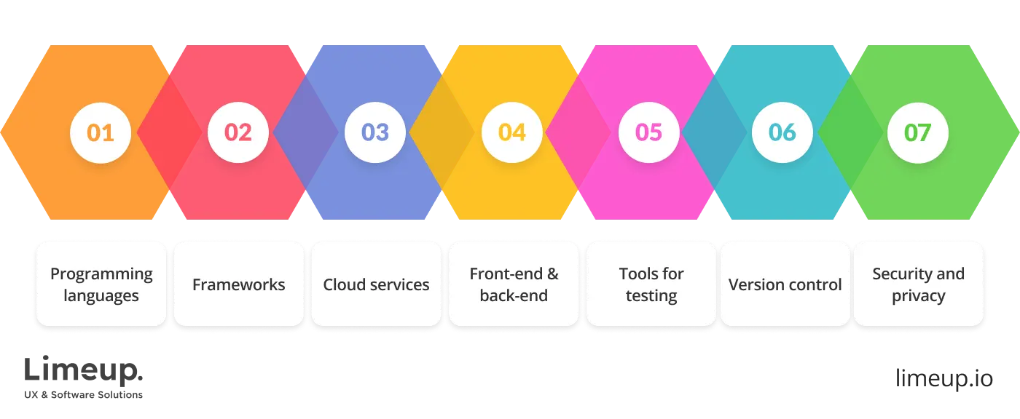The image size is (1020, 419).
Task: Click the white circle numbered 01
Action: tap(101, 132)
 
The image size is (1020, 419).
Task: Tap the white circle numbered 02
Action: tap(238, 132)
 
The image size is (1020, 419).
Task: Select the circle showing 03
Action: tap(375, 132)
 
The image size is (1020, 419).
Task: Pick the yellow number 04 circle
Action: tap(512, 132)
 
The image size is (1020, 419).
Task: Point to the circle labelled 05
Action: tap(648, 132)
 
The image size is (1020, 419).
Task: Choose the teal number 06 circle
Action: tap(782, 132)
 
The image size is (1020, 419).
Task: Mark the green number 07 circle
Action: tap(918, 132)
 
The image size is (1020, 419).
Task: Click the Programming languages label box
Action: tap(101, 284)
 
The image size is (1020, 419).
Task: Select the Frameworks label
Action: tap(238, 284)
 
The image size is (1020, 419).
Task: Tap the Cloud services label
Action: tap(376, 284)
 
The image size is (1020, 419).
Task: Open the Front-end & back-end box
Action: tap(514, 284)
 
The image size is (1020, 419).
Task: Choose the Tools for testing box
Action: tap(651, 284)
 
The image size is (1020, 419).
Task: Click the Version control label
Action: tap(785, 284)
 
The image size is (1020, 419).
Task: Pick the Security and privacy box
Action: tap(918, 284)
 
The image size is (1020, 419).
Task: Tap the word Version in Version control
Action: tap(755, 284)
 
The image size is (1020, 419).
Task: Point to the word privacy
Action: tap(918, 296)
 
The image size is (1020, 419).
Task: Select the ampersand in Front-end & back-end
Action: tap(552, 274)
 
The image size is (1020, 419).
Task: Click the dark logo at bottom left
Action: tap(84, 377)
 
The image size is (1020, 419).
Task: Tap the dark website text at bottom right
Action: tap(943, 379)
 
